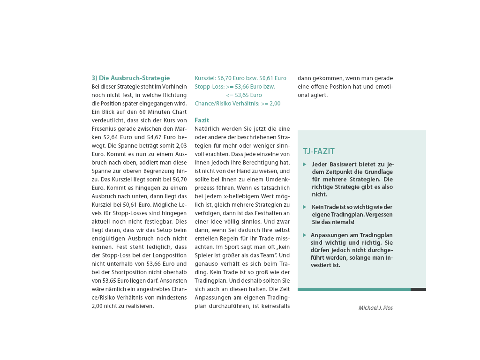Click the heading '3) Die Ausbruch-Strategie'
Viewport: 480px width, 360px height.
[130, 78]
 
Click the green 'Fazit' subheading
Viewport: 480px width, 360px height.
[202, 120]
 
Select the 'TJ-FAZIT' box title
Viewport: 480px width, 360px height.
[319, 151]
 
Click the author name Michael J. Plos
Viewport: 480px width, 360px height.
[375, 307]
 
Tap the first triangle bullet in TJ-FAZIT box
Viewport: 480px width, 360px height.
[305, 164]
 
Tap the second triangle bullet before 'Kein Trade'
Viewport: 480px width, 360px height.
[305, 207]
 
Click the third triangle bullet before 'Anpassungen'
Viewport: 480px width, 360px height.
[305, 235]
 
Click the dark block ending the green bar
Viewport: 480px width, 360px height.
[418, 289]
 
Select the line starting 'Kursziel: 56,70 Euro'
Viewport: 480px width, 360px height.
[240, 78]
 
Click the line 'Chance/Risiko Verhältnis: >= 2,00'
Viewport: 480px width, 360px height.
[237, 103]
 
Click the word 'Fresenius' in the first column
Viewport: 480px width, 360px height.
[104, 128]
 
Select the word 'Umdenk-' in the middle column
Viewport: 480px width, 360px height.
[278, 179]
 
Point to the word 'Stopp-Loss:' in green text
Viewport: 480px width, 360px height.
[209, 86]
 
